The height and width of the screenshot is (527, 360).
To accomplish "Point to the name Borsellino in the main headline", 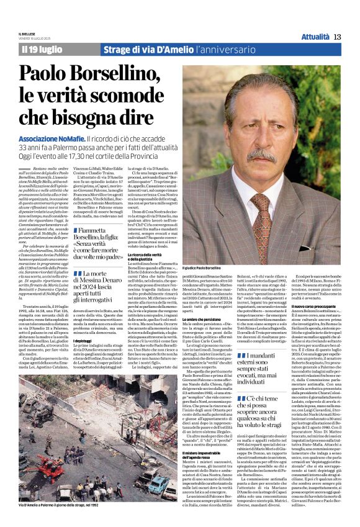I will click(x=123, y=75).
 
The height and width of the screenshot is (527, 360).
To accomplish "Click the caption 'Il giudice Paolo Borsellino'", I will click(x=204, y=268).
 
